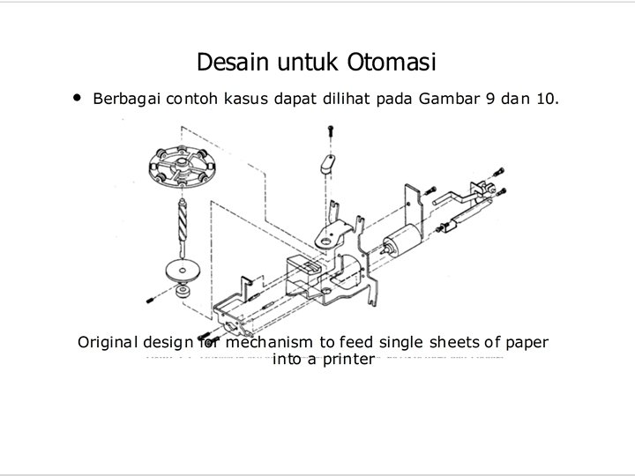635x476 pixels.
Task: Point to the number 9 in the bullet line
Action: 490,99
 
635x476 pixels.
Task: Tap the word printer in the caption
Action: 347,360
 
